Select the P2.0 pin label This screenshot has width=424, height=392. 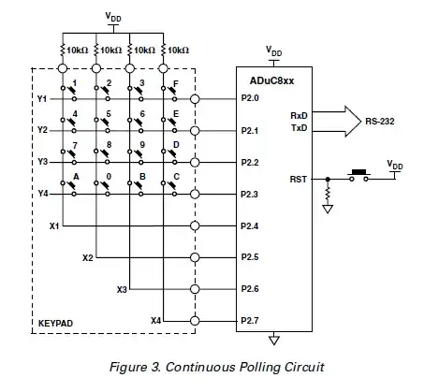click(x=250, y=98)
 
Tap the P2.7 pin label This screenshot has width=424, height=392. click(x=250, y=321)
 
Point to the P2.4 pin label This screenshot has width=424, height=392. click(x=250, y=225)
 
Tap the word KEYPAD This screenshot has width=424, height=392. click(x=54, y=323)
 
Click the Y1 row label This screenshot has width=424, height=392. click(x=41, y=98)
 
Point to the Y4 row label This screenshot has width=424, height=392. click(x=41, y=194)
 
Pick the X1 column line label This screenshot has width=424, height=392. click(x=53, y=225)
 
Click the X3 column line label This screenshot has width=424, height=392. click(x=122, y=289)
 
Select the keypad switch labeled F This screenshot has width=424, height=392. click(x=170, y=94)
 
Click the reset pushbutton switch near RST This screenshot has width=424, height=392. click(x=357, y=174)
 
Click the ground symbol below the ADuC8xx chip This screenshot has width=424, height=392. click(x=272, y=340)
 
